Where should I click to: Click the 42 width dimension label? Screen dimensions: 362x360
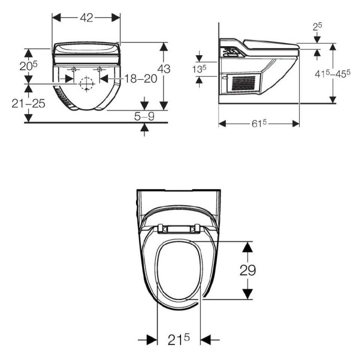[86, 18]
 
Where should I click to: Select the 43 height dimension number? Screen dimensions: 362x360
[164, 69]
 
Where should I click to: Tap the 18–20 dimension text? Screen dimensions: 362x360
[141, 79]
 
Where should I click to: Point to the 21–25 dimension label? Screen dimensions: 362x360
[28, 104]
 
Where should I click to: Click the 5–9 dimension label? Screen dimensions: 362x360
[144, 116]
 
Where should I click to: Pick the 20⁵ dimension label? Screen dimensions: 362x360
[28, 66]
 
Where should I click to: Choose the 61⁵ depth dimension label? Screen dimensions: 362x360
[259, 124]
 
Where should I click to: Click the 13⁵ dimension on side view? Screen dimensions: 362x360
[199, 69]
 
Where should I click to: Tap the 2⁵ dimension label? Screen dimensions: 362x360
[318, 26]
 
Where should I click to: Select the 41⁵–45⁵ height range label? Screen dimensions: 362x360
[333, 74]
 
